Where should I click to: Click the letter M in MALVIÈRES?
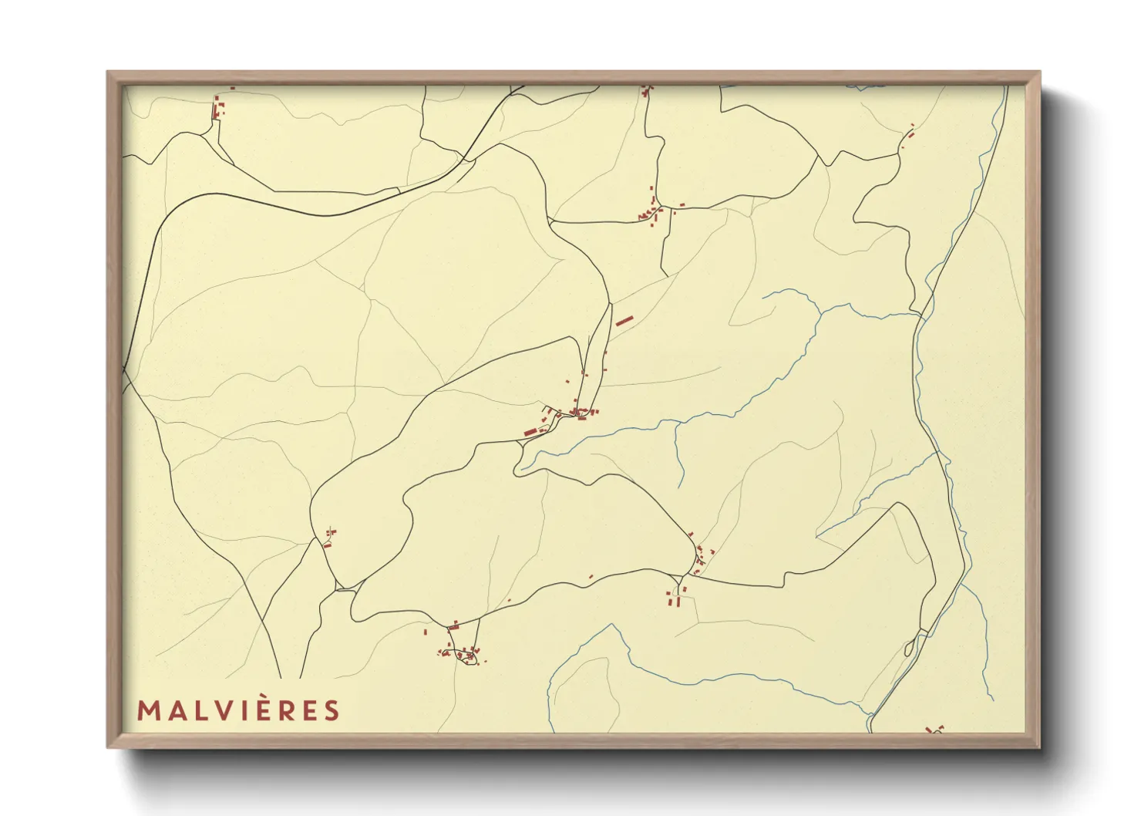(146, 710)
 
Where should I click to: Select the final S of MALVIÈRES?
(332, 710)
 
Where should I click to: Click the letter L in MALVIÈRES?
(196, 710)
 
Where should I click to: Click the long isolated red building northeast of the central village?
(623, 319)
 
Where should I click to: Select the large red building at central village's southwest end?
(530, 431)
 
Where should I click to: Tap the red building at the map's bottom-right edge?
(935, 729)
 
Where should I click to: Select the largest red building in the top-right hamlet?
(909, 136)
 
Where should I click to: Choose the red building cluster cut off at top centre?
(645, 91)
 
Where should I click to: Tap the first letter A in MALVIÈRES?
(172, 710)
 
